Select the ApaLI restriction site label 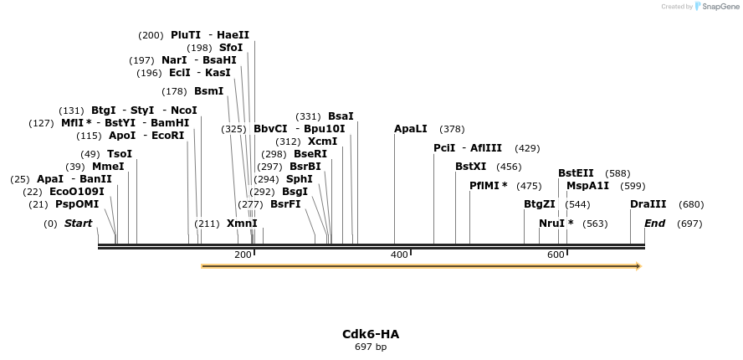pyautogui.click(x=411, y=129)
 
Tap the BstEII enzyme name pyautogui.click(x=576, y=173)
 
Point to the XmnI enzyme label pyautogui.click(x=242, y=224)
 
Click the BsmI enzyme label pyautogui.click(x=208, y=91)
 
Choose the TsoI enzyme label pyautogui.click(x=120, y=154)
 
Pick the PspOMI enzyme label pyautogui.click(x=77, y=204)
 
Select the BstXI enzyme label pyautogui.click(x=471, y=167)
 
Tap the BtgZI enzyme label pyautogui.click(x=540, y=204)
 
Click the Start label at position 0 pyautogui.click(x=78, y=224)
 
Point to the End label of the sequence pyautogui.click(x=654, y=224)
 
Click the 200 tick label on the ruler pyautogui.click(x=243, y=255)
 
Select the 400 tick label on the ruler pyautogui.click(x=399, y=255)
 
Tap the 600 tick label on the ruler pyautogui.click(x=556, y=255)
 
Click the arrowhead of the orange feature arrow pyautogui.click(x=638, y=266)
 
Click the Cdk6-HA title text pyautogui.click(x=371, y=334)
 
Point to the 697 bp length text pyautogui.click(x=371, y=347)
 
